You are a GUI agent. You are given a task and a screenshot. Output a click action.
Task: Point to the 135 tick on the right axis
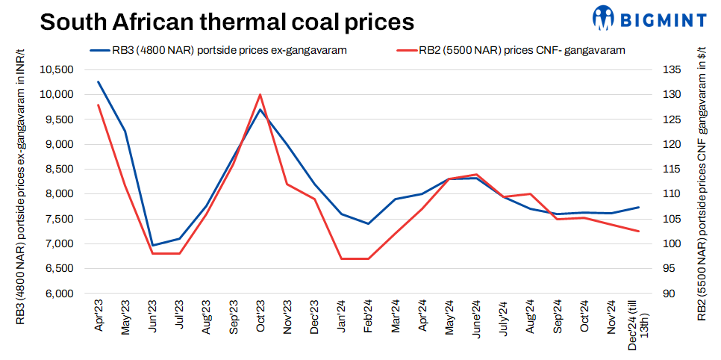(672, 70)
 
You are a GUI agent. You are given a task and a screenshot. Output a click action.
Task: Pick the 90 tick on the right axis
(669, 294)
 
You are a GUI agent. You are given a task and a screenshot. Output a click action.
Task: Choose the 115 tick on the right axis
(672, 170)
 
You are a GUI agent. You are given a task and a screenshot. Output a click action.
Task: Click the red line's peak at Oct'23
(260, 95)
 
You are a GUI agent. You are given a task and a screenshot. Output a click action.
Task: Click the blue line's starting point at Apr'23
(99, 81)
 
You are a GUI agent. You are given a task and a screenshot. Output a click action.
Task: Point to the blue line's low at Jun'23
(153, 245)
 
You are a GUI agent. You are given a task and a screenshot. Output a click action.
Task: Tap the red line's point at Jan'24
(340, 258)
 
